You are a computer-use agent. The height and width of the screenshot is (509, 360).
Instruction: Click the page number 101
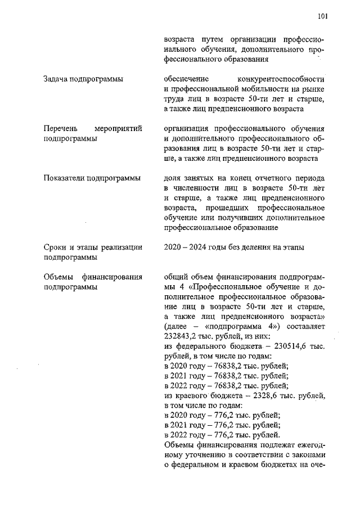coord(322,16)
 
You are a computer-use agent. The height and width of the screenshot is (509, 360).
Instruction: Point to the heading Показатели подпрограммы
coord(92,179)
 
